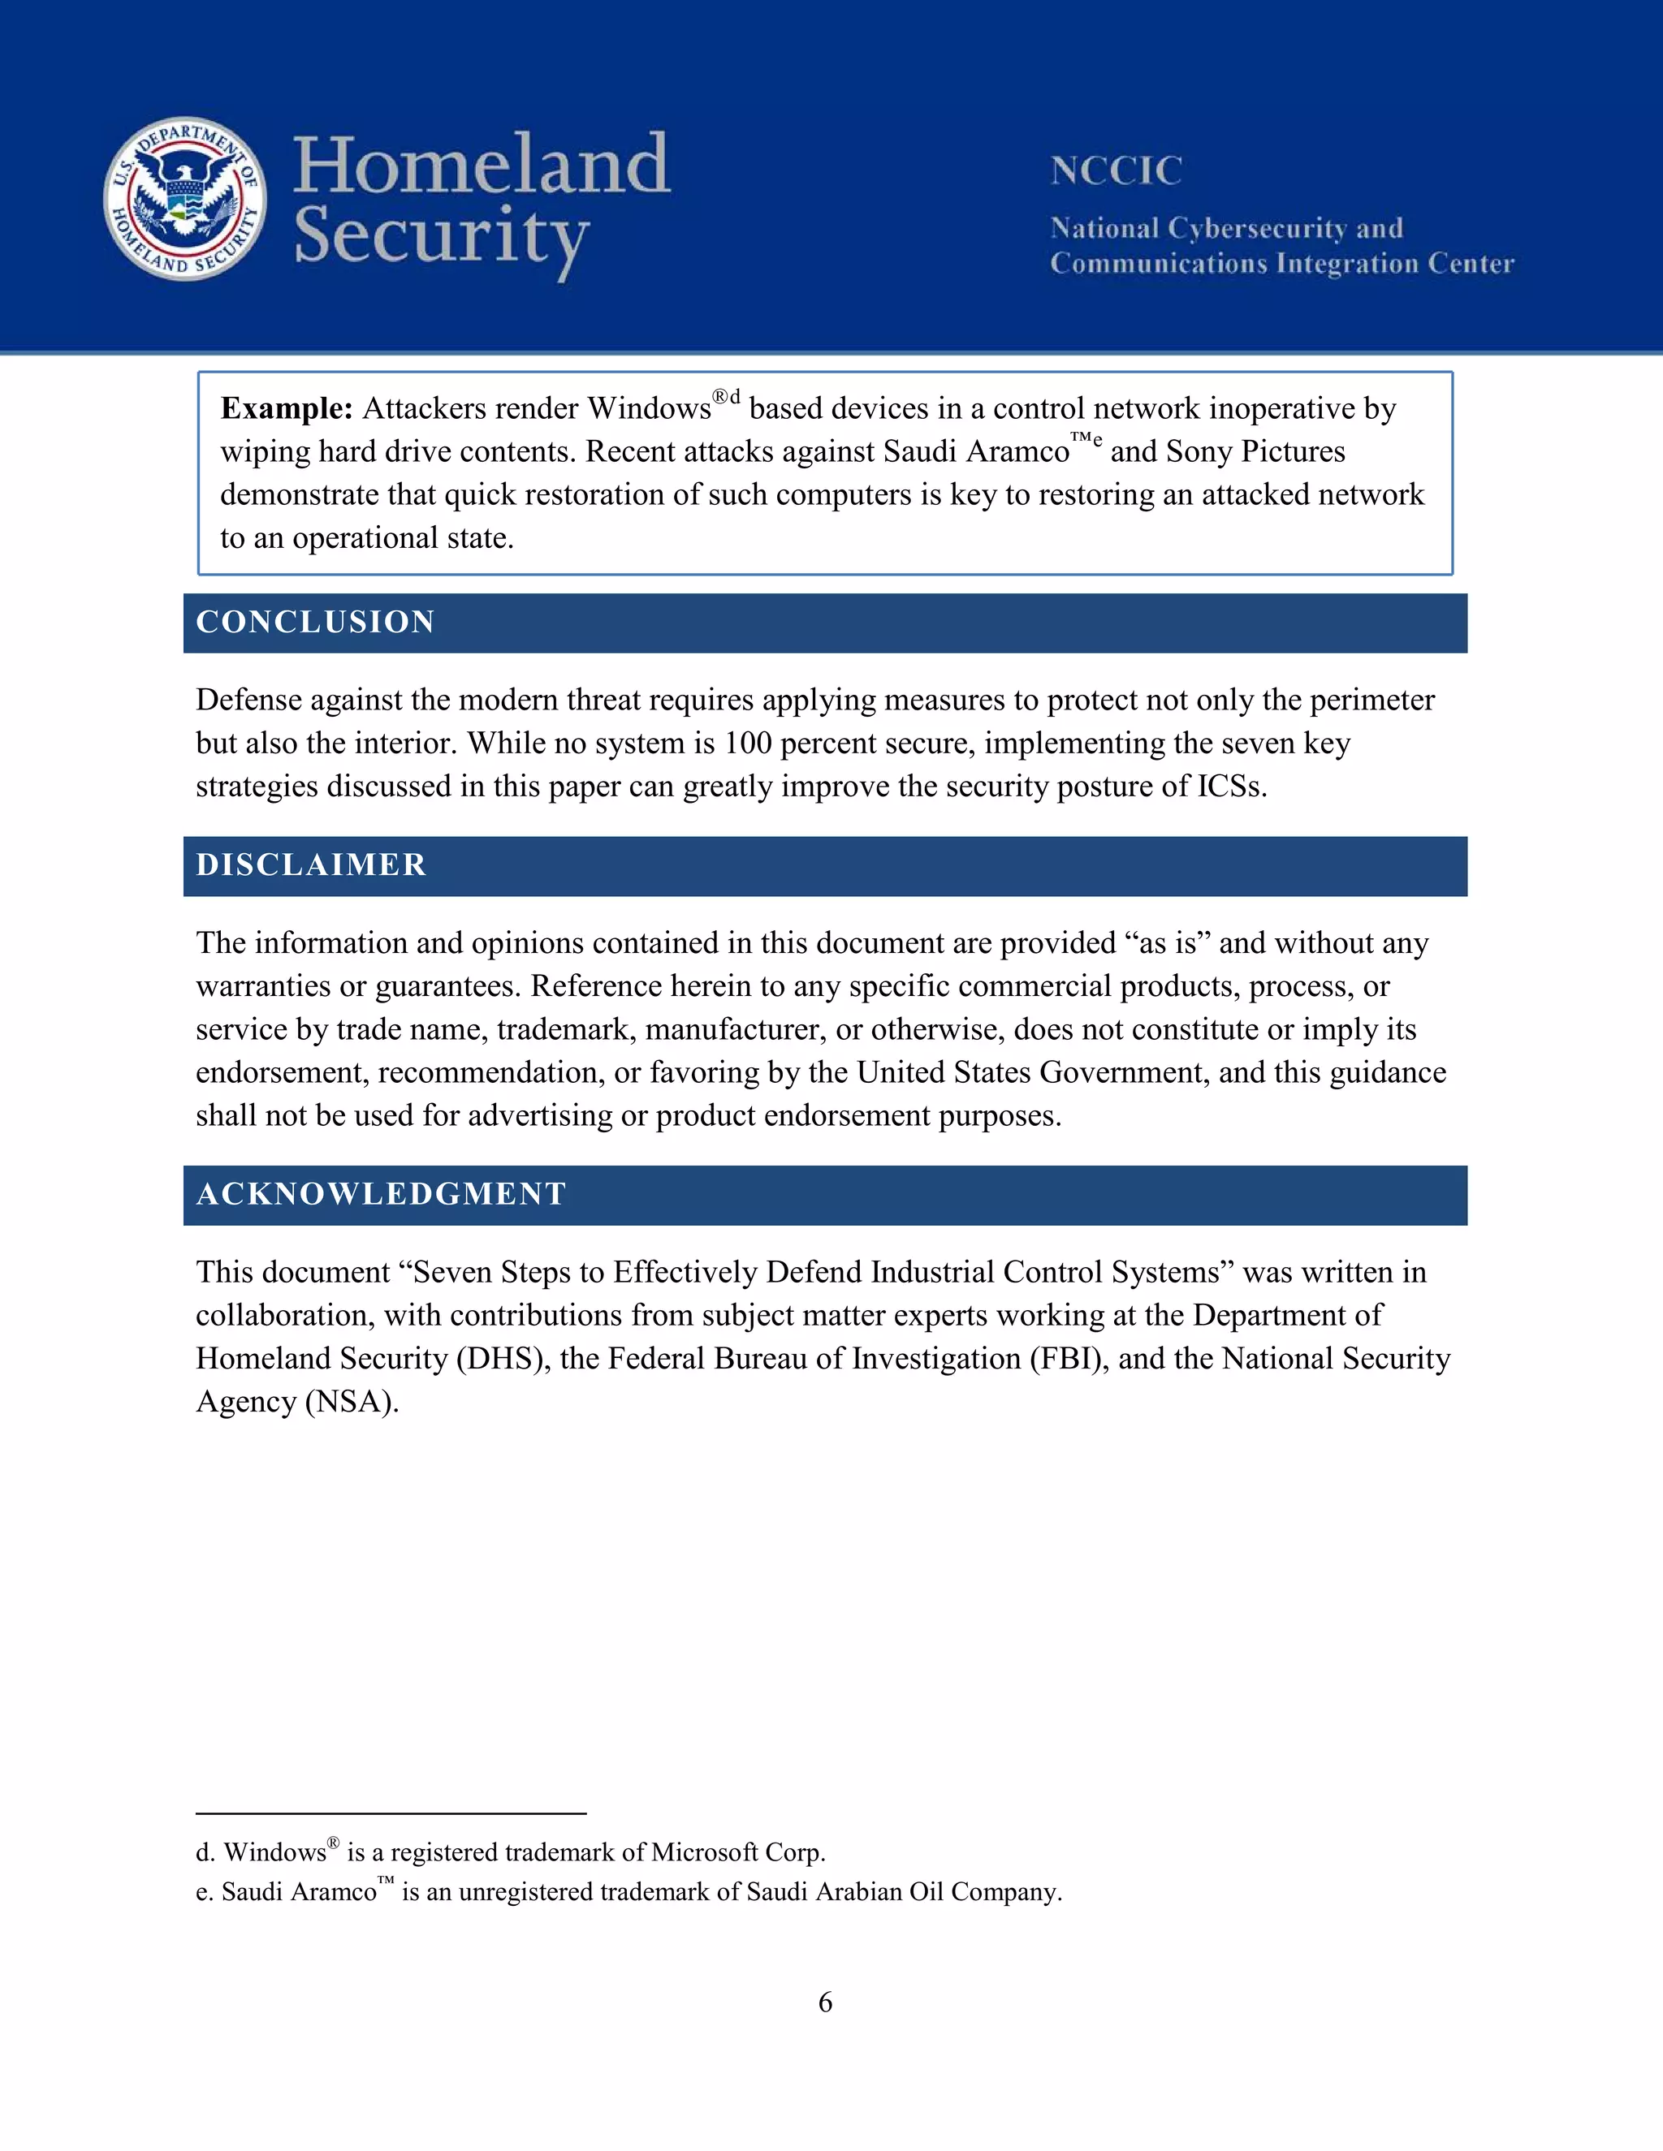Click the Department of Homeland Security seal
click(185, 199)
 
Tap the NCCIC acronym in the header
click(1115, 171)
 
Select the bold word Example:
click(286, 409)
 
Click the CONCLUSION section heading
click(315, 623)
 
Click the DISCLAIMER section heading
click(311, 866)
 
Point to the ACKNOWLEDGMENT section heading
click(382, 1195)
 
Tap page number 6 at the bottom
click(826, 2002)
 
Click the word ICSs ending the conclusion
click(1232, 787)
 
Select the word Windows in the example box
click(650, 409)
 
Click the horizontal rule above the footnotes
click(391, 1813)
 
